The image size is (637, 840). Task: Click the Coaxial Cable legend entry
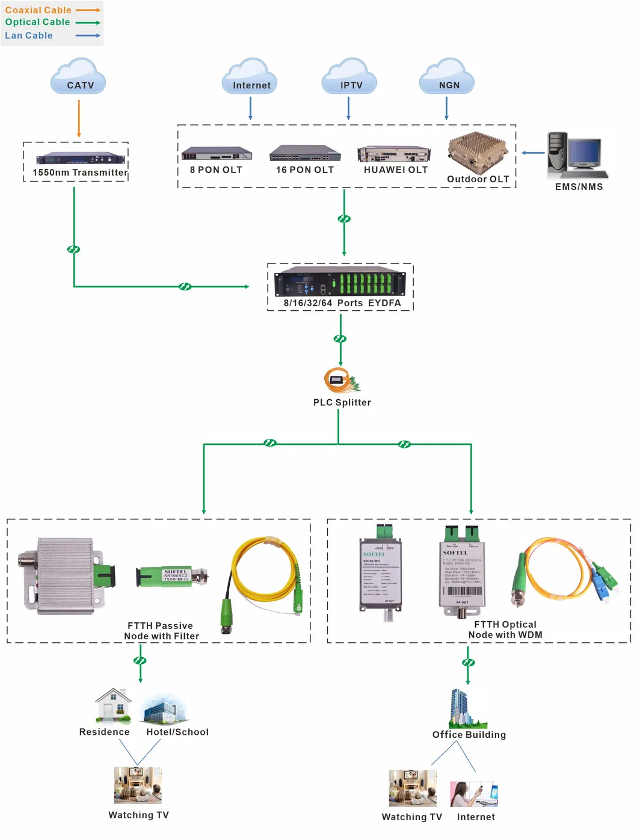[52, 10]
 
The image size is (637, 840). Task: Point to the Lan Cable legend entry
[52, 35]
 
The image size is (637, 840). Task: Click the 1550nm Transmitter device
[80, 159]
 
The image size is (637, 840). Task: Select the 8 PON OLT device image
[217, 153]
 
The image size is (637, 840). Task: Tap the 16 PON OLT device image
[305, 153]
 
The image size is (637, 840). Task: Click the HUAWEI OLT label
[396, 170]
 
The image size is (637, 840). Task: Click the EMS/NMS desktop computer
[574, 156]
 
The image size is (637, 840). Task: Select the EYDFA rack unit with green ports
[340, 281]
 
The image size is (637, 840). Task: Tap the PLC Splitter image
[342, 380]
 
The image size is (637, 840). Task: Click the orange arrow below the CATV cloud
[79, 118]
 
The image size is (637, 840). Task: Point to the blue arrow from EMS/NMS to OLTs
[533, 153]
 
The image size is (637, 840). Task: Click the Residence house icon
[113, 705]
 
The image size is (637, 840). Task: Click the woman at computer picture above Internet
[474, 794]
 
